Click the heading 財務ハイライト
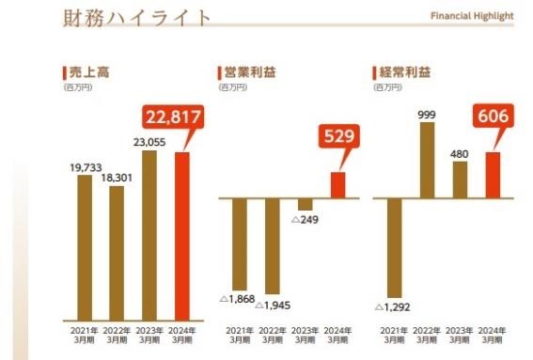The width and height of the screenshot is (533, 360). click(x=136, y=19)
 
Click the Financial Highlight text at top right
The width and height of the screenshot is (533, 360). click(x=472, y=17)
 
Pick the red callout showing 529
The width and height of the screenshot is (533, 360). click(x=338, y=136)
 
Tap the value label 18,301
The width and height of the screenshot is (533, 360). click(x=116, y=176)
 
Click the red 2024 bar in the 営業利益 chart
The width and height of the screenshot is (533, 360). click(x=338, y=184)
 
